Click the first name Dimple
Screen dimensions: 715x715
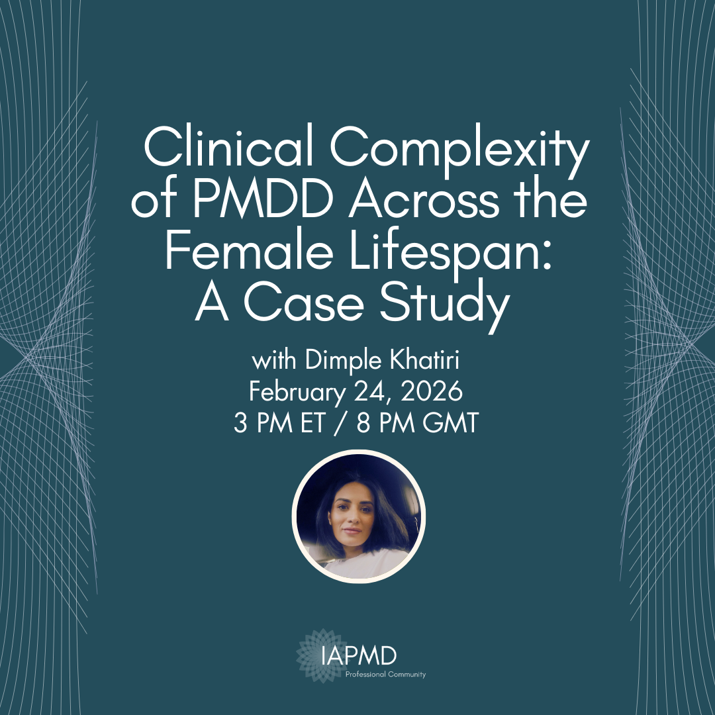click(332, 363)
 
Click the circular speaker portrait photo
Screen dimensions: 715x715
click(358, 516)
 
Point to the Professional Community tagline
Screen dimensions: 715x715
click(385, 675)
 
